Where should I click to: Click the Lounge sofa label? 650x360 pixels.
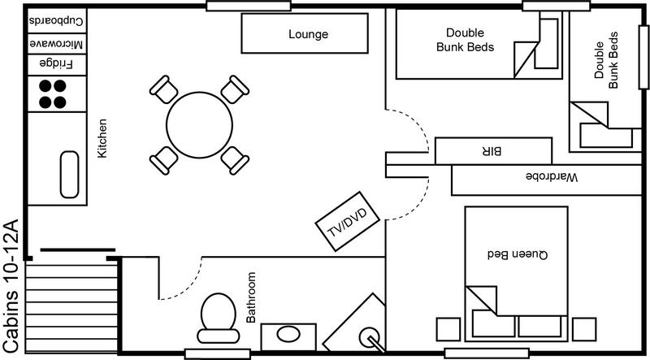(308, 35)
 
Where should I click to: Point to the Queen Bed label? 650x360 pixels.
(515, 254)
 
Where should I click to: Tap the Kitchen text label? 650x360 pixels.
(102, 139)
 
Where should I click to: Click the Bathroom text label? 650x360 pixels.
(250, 297)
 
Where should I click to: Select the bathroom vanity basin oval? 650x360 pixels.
(289, 333)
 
